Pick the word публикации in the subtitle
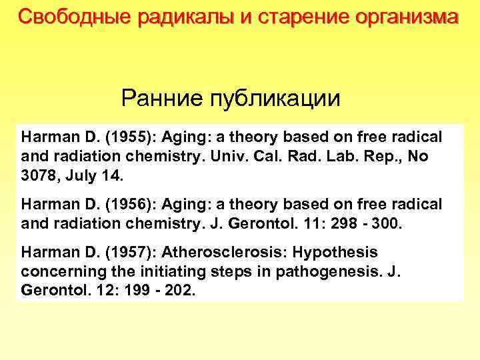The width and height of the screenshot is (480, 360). tap(275, 99)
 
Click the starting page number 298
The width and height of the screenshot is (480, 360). tap(347, 222)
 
